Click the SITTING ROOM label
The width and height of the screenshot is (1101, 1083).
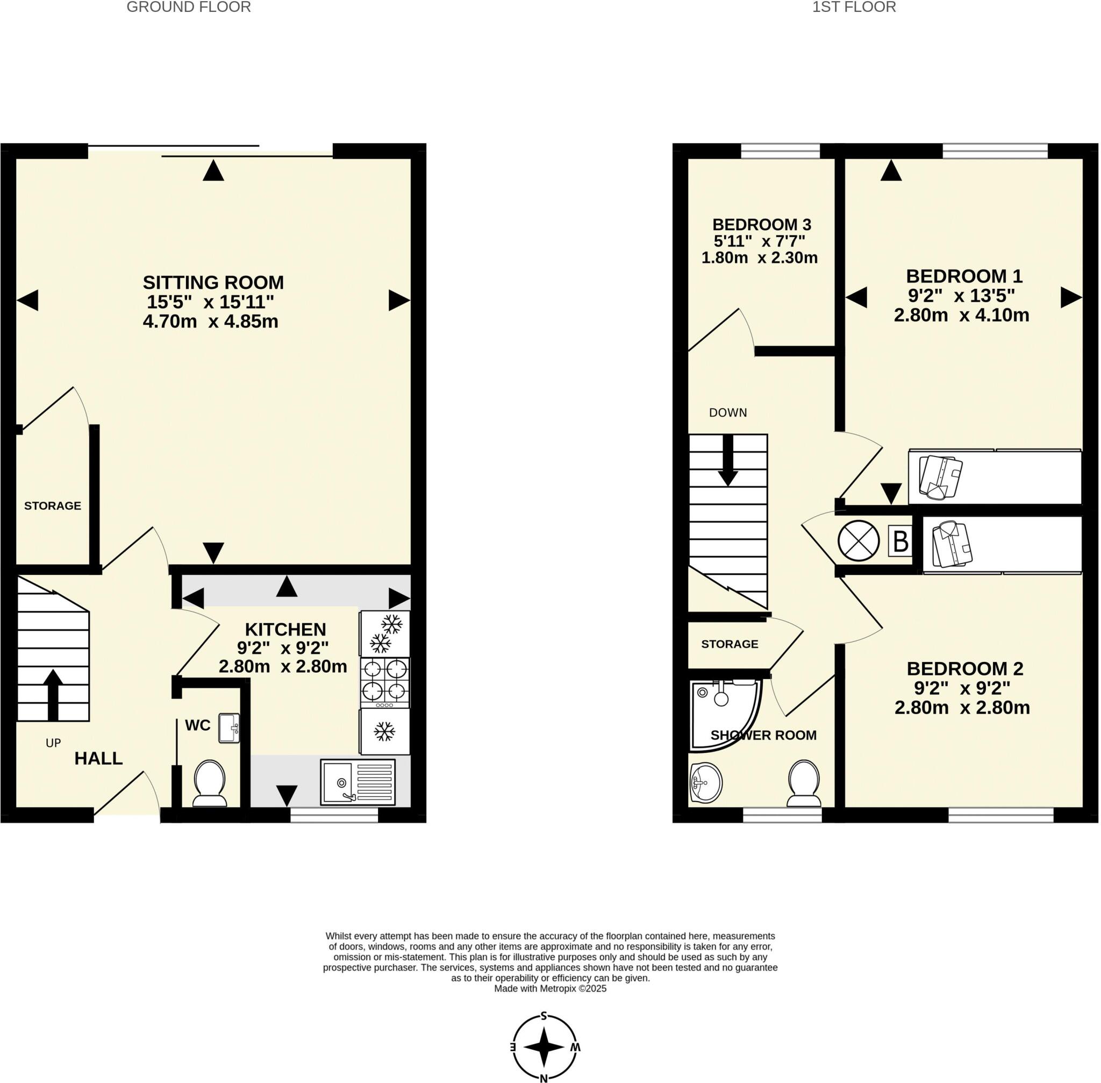click(x=213, y=283)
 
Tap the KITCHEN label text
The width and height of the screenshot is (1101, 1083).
click(x=285, y=630)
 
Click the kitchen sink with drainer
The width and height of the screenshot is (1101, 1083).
click(x=357, y=782)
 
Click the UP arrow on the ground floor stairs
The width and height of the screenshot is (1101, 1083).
click(x=53, y=693)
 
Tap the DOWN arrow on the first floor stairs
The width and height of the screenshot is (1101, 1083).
click(x=727, y=460)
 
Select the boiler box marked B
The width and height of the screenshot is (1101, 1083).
click(x=900, y=541)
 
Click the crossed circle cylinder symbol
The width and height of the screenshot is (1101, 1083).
click(x=858, y=541)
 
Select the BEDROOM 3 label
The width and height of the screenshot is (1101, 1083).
click(x=761, y=225)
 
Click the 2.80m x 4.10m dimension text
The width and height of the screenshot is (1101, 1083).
click(x=961, y=315)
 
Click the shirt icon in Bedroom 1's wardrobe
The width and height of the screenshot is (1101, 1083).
click(x=940, y=476)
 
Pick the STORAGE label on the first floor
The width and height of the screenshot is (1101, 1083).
click(x=729, y=644)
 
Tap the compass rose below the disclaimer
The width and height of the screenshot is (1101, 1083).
click(x=544, y=1046)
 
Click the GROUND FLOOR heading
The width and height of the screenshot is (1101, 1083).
click(x=188, y=8)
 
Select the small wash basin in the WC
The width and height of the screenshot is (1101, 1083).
click(x=229, y=728)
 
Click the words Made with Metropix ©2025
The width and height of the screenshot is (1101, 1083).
click(x=550, y=988)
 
